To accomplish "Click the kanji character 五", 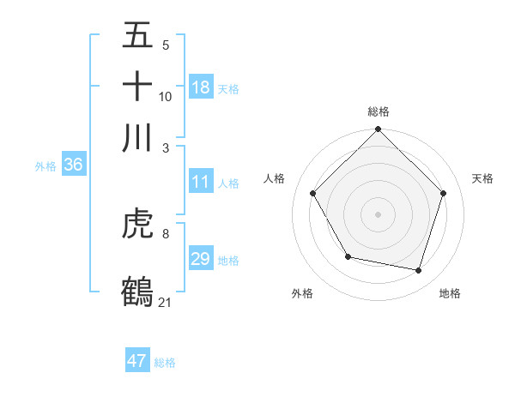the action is (137, 36).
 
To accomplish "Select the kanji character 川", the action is (137, 136).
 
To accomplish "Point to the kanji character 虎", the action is (137, 226).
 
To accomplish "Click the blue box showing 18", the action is (201, 87).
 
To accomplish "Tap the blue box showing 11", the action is (201, 182).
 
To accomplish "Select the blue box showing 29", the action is (201, 259).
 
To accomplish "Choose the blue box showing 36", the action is (73, 165).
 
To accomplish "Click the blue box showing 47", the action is (137, 361).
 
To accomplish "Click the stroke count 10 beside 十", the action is (166, 97).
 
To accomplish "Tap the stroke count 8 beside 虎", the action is (166, 232).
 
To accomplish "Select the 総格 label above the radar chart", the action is (379, 111).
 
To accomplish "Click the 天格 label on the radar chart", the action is (482, 178).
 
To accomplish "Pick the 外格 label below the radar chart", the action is (302, 293).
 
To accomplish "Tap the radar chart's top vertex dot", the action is (379, 130).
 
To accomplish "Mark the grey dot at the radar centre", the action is (379, 214).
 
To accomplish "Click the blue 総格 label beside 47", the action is (165, 363).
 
